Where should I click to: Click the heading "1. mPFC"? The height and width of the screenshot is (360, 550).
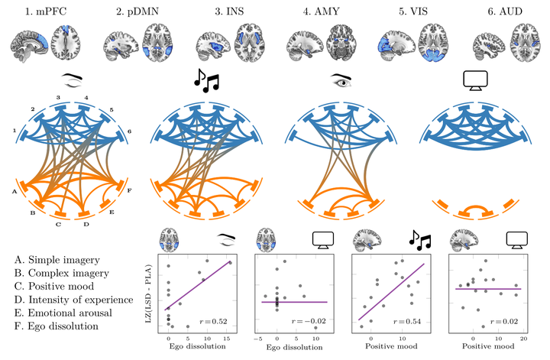coord(46,11)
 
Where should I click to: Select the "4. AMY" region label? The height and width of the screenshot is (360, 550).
coord(322,11)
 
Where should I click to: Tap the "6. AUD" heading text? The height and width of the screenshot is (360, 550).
coord(505,11)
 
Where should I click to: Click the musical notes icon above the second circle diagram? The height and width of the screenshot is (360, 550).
coord(206,80)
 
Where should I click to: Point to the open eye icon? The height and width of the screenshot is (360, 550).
coord(341,81)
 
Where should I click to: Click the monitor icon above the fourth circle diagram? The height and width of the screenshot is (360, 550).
coord(475,80)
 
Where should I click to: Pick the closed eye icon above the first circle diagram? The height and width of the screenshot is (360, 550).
coord(72,80)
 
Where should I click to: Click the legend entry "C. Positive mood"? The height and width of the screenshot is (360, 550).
coord(54,287)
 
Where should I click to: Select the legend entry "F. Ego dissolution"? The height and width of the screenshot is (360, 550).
coord(57,326)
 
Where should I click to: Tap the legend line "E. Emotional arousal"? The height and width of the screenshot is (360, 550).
coord(63,313)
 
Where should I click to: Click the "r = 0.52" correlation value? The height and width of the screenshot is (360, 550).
coord(213,321)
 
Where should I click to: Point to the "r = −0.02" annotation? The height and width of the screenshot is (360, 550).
coord(309,321)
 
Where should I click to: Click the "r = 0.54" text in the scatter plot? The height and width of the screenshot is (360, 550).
coord(407,321)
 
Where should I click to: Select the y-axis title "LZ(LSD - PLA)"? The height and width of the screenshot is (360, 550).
coord(148,294)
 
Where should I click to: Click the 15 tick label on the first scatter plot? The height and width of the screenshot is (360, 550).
coord(227,339)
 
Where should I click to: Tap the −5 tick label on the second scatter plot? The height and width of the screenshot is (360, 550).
coord(258,339)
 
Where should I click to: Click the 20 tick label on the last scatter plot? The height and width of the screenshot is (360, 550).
coord(523,339)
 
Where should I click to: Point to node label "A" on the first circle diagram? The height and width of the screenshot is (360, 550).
coord(15,192)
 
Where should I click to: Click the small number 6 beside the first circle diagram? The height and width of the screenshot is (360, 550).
coord(129,131)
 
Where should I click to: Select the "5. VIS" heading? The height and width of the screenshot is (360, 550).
coord(413,11)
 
